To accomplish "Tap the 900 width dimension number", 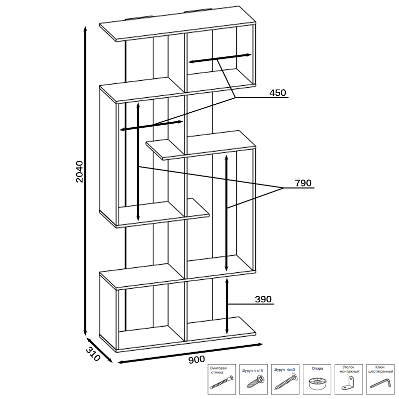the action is coord(197,360).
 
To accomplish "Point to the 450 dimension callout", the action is coord(277,93).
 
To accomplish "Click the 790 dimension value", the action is coord(303,183).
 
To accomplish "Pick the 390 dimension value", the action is coord(263,300).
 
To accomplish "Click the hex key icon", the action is coord(381,384).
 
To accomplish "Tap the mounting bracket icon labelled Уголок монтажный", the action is coord(349,384).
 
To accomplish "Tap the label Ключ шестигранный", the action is coord(381,370).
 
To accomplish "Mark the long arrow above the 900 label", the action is coord(190,353).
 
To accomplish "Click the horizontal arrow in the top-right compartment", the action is coord(219,58).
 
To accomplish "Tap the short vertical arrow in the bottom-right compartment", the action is coord(227,306).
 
